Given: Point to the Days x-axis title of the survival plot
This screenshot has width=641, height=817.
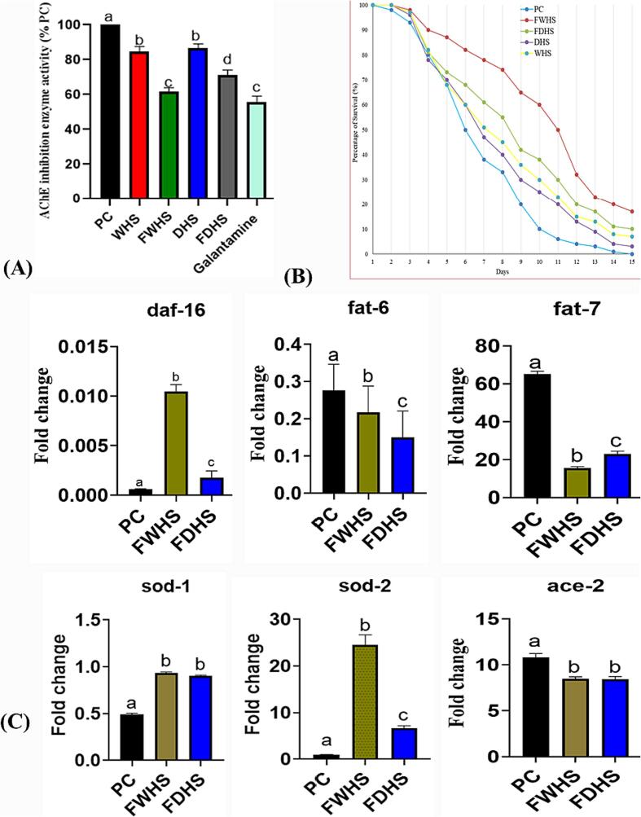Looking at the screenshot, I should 496,270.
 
